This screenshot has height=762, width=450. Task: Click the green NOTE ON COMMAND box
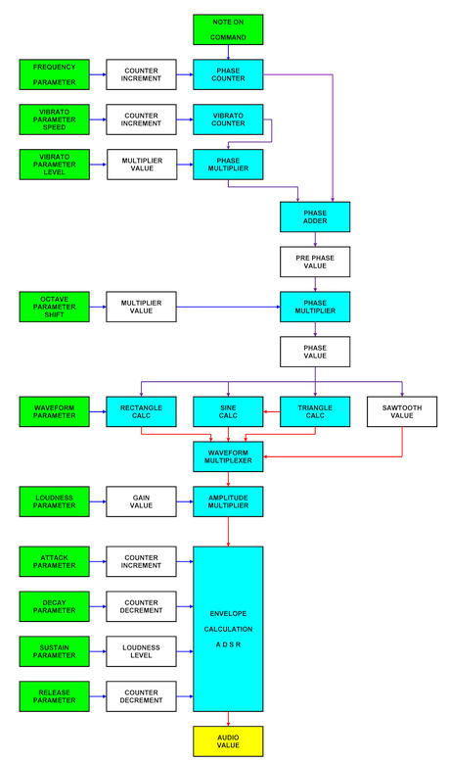tap(228, 29)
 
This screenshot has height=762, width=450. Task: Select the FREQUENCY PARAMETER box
tap(55, 74)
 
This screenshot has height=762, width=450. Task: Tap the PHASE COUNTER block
tap(228, 74)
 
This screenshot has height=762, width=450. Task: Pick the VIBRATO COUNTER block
tap(228, 119)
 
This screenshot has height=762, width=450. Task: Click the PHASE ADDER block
tap(315, 216)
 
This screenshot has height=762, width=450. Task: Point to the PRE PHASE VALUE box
tap(315, 262)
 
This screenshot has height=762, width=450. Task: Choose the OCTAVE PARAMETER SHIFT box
tap(55, 307)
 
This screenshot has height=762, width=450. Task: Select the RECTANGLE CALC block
tap(141, 411)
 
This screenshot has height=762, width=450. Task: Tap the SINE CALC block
tap(228, 411)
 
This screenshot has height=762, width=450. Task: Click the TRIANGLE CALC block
tap(315, 411)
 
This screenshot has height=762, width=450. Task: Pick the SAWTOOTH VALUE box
tap(402, 411)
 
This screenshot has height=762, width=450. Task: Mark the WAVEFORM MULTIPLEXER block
tap(228, 456)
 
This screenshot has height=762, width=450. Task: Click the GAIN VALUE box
tap(141, 501)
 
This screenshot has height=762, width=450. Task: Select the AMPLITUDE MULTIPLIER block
tap(228, 501)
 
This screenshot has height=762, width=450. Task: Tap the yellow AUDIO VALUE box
tap(228, 741)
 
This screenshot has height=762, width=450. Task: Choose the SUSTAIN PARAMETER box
tap(55, 651)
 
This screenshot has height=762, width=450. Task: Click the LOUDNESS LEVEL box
tap(141, 651)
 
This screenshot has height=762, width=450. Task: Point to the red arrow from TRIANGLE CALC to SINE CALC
tap(272, 411)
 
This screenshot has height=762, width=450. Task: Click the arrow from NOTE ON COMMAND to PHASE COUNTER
tap(228, 52)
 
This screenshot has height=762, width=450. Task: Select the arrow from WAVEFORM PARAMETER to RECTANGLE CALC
tap(98, 411)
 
